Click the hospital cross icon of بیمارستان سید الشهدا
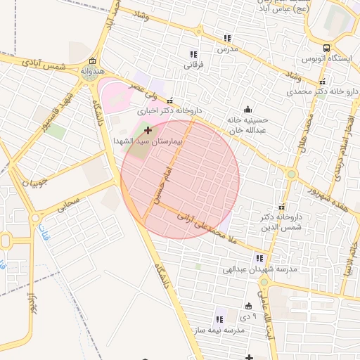tap(148, 130)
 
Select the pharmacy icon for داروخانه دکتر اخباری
tap(169, 101)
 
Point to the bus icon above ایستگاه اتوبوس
tap(326, 48)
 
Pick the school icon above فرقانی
tap(193, 54)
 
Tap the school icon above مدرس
tap(227, 38)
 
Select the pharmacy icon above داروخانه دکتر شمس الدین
tap(282, 207)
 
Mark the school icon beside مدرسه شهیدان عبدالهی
tap(259, 258)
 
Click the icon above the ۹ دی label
tap(247, 306)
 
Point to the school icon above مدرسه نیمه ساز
tap(220, 320)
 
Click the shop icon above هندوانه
tap(94, 61)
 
